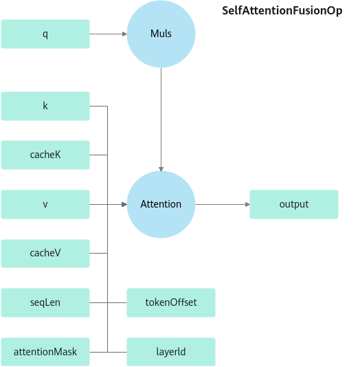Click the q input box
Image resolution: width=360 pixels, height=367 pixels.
[45, 34]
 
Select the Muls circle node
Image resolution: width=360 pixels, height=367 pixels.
[161, 34]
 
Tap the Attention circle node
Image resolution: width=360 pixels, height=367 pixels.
[161, 204]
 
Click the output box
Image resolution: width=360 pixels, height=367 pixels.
[294, 204]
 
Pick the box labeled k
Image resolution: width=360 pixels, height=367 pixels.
[45, 106]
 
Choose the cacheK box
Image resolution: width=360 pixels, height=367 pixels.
[45, 155]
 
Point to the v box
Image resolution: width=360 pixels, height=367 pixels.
[45, 204]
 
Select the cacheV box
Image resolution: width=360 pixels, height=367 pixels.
[45, 253]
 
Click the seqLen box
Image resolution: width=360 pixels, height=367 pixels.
[45, 302]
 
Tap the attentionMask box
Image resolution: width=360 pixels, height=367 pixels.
[45, 352]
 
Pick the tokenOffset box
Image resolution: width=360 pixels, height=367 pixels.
[171, 302]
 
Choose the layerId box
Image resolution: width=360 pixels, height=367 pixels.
[171, 352]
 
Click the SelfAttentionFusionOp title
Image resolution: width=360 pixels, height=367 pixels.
[282, 11]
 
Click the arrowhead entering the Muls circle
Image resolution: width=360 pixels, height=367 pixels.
[124, 34]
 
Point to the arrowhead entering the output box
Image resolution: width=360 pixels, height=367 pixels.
[247, 205]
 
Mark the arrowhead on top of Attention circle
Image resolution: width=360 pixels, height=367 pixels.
[161, 169]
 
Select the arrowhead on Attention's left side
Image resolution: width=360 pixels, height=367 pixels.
[124, 205]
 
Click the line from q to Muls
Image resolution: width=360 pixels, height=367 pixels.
[109, 34]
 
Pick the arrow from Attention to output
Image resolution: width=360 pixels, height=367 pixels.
[223, 205]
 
